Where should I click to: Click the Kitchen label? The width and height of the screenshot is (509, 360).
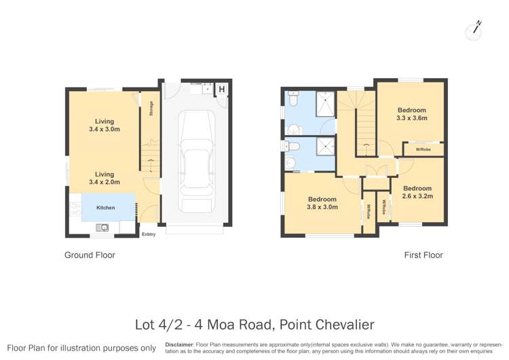coord(105,208)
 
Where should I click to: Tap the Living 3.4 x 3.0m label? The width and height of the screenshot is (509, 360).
coord(104,125)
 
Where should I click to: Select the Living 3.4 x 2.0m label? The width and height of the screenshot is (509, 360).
coord(104,178)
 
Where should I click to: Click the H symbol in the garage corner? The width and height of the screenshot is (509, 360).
coord(221,89)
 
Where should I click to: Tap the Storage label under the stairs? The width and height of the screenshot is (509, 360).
coord(151,108)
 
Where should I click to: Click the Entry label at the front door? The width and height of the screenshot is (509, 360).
coord(149,234)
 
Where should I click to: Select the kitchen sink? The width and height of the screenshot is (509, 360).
coord(102,228)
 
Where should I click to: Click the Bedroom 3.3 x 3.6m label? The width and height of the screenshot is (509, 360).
coord(411,114)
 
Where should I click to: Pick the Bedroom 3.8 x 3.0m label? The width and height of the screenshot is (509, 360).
coord(322,203)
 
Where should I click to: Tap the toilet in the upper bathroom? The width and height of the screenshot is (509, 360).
coord(293,100)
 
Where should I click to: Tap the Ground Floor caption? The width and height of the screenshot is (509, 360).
coord(90,255)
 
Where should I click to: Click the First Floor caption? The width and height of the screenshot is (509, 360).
coord(423,255)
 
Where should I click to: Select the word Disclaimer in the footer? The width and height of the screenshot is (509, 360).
coord(182,344)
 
